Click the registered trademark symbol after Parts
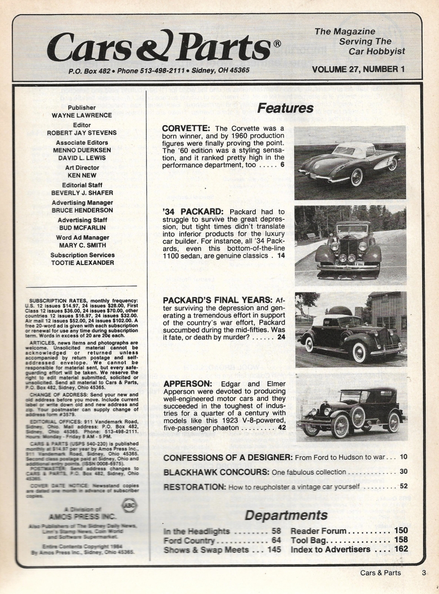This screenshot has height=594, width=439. tap(276, 44)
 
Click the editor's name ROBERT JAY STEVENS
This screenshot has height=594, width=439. tap(82, 133)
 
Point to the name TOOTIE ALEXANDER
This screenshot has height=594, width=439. tap(82, 263)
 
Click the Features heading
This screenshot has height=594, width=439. tap(286, 108)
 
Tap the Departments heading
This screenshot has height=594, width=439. tap(286, 515)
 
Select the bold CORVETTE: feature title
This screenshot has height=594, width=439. tap(186, 128)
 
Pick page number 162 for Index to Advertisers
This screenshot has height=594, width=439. tap(401, 549)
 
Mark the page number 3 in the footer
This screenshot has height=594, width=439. tap(424, 573)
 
